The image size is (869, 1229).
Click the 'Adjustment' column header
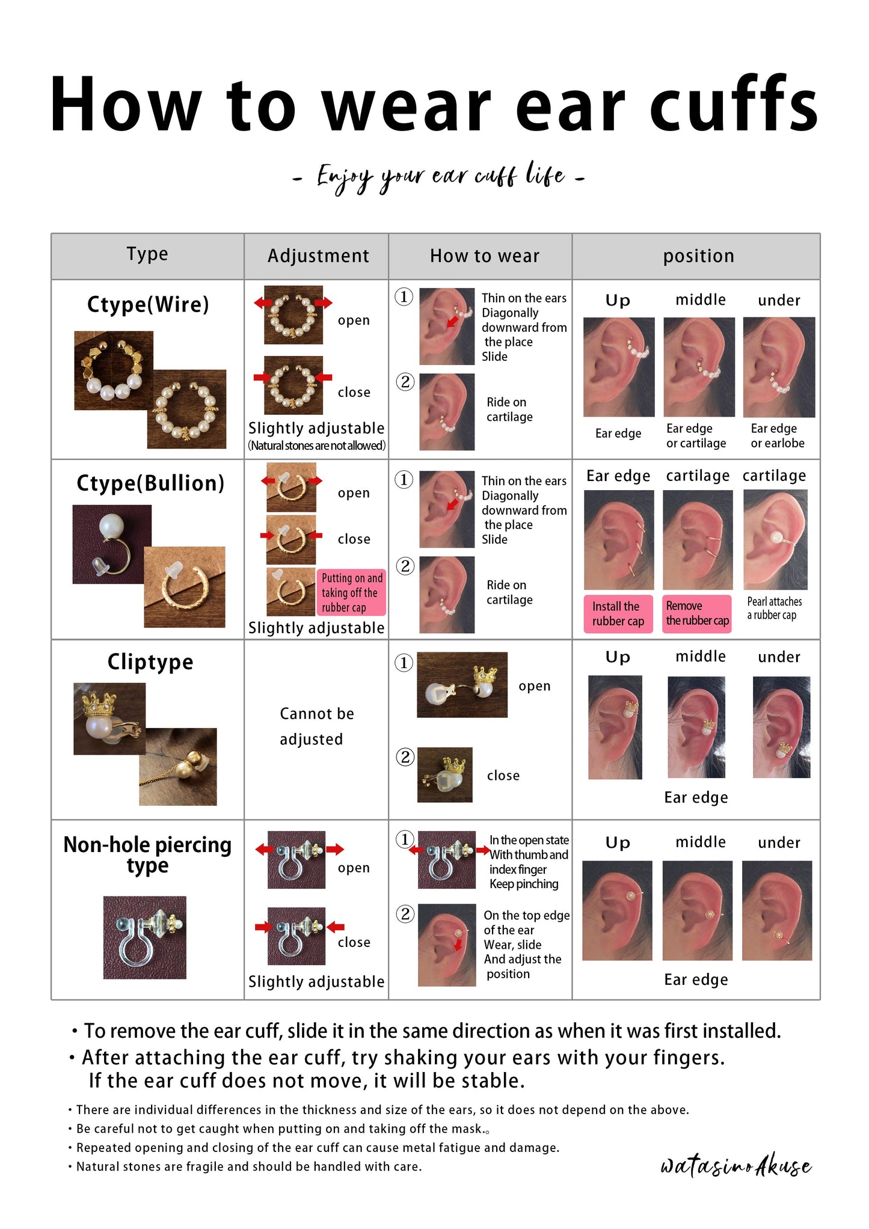(318, 256)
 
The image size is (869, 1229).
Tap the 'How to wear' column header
(485, 256)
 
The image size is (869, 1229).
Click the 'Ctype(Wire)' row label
(148, 305)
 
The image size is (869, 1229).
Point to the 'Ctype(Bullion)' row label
(150, 483)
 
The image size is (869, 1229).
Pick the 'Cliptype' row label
(150, 662)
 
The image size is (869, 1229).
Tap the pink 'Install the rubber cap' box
(618, 614)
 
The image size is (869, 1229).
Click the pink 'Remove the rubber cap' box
(697, 614)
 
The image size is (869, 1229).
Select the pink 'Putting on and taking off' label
(351, 592)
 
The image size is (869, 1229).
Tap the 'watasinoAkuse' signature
(736, 1165)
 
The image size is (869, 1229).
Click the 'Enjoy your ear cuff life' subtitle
(438, 177)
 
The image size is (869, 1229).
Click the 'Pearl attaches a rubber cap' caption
(774, 608)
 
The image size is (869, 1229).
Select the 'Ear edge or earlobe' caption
(777, 436)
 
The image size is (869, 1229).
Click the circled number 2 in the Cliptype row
(405, 756)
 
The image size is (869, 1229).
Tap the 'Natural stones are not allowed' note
(317, 446)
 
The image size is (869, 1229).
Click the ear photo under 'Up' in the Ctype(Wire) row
(619, 367)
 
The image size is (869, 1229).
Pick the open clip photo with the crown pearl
(462, 685)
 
